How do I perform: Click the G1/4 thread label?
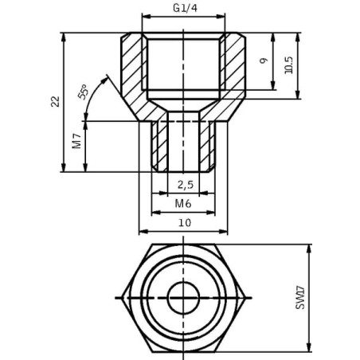[185, 8]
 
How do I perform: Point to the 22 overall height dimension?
[56, 101]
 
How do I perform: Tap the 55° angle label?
[83, 92]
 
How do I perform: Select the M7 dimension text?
[76, 141]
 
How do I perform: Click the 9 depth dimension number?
[263, 61]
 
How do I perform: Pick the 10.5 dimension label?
[288, 65]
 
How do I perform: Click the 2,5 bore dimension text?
[186, 184]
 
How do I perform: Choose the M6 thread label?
[183, 204]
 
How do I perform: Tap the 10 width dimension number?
[185, 222]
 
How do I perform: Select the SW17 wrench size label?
[300, 298]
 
